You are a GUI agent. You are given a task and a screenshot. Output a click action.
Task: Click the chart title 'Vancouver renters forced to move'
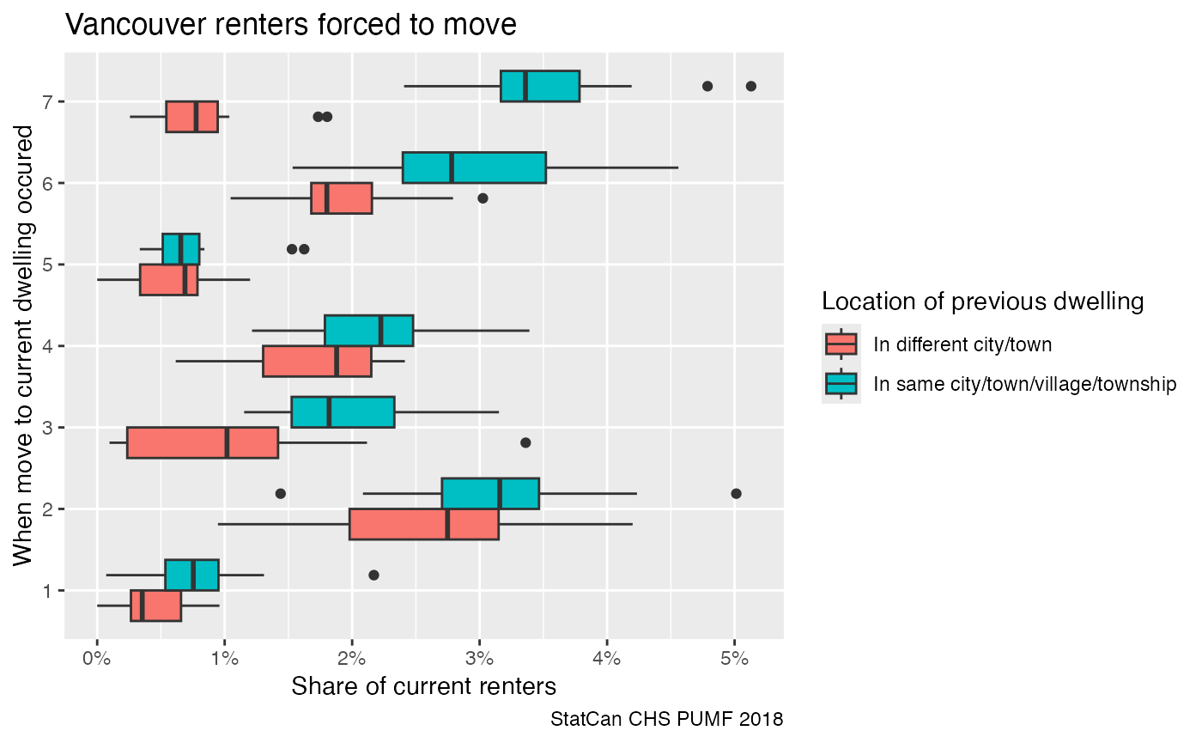[x=291, y=25]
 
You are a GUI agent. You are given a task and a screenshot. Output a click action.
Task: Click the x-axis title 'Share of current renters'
[x=423, y=687]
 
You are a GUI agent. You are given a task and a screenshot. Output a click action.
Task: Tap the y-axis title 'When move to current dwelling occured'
[x=25, y=345]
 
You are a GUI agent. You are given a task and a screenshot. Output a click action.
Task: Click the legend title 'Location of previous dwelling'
[x=982, y=301]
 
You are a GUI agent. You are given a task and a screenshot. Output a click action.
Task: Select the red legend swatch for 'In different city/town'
[x=841, y=344]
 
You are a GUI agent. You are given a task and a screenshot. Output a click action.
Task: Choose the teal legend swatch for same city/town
[x=841, y=383]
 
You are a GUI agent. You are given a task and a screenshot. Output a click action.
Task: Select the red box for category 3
[x=202, y=442]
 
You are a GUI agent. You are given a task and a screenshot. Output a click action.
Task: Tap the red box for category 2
[x=423, y=524]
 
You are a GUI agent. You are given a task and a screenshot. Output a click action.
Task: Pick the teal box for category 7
[x=540, y=86]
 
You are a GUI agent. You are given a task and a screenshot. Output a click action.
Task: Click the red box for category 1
[x=155, y=606]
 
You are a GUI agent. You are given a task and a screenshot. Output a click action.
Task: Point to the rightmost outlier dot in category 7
[x=751, y=86]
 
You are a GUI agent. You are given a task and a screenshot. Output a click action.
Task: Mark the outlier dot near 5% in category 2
[x=736, y=494]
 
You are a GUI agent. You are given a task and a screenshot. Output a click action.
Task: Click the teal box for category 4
[x=368, y=331]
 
